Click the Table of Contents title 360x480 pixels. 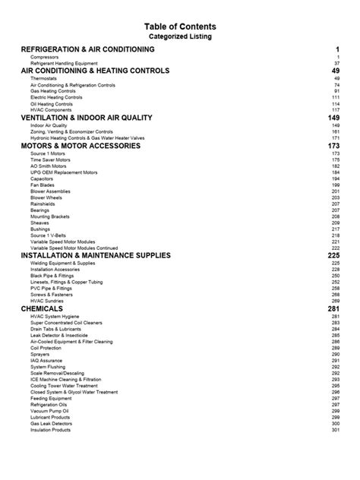coord(180,25)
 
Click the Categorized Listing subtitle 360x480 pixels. coord(180,36)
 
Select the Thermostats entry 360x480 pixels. coord(45,78)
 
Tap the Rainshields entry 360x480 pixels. coord(45,203)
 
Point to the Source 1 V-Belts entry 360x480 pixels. coord(50,235)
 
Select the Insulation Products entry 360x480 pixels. coord(51,430)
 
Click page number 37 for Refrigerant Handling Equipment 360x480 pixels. coord(336,64)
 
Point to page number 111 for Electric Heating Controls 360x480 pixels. coord(335,97)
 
